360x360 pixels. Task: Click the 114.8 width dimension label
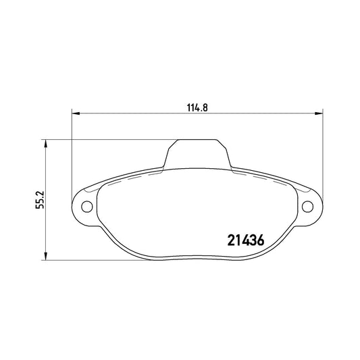[x=197, y=107]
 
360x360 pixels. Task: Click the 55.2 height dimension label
[x=40, y=200]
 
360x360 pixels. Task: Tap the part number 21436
[x=246, y=240]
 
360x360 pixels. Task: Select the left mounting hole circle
[x=87, y=207]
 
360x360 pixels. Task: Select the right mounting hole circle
[x=307, y=207]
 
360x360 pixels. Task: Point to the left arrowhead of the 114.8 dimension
[x=76, y=113]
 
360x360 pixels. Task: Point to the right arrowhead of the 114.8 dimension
[x=319, y=113]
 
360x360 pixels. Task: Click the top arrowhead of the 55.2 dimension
[x=46, y=143]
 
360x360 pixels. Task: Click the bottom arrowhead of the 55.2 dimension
[x=46, y=256]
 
